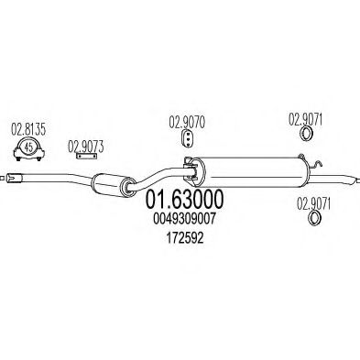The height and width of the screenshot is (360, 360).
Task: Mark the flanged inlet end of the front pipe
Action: coord(16,178)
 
